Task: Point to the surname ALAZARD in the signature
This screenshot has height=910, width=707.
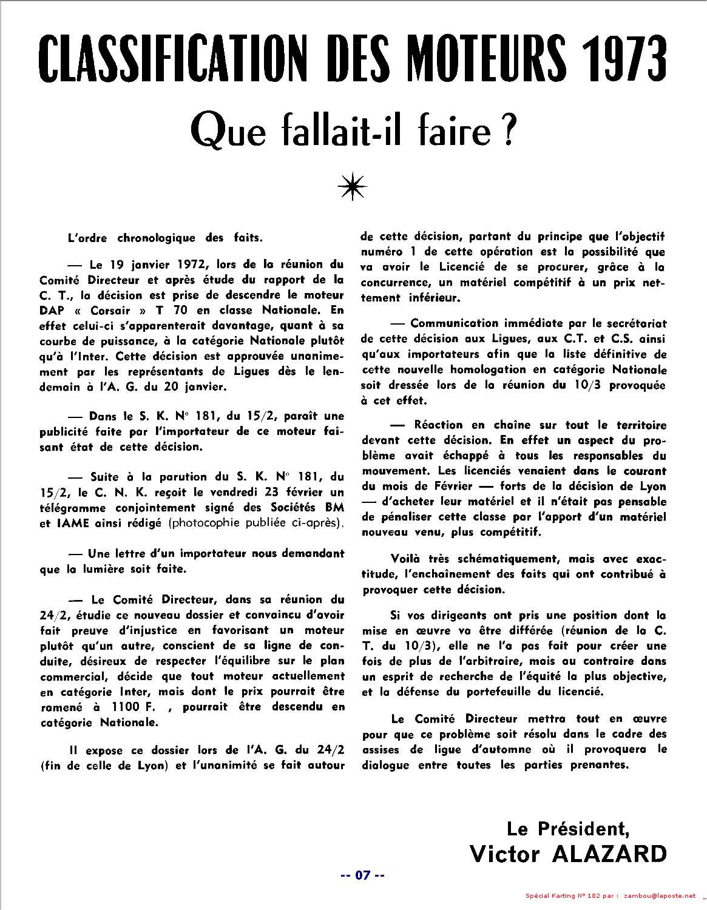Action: click(609, 854)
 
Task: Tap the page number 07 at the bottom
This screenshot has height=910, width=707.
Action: click(362, 875)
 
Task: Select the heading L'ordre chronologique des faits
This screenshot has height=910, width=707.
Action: click(165, 238)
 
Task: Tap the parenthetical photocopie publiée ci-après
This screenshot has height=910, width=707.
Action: click(257, 524)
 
